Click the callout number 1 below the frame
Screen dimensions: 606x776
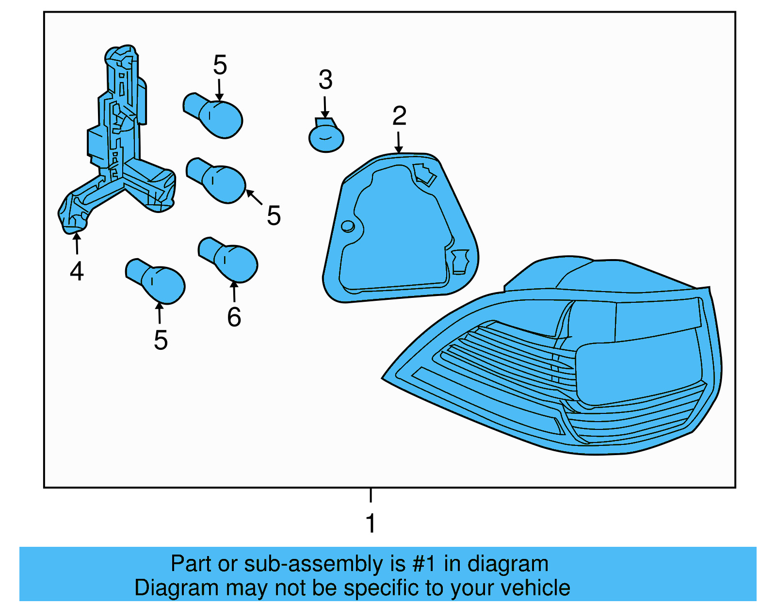[x=371, y=524]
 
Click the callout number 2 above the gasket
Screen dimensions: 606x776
[x=399, y=116]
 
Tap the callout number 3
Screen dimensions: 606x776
[x=325, y=80]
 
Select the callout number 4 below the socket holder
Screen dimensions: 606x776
[x=77, y=271]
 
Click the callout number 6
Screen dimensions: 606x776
[x=234, y=317]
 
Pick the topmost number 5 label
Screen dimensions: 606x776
[x=220, y=65]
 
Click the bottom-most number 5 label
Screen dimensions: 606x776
[x=161, y=340]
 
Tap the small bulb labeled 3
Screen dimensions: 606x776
[x=326, y=138]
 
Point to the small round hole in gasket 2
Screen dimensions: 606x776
[x=348, y=226]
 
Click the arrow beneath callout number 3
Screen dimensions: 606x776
[x=325, y=107]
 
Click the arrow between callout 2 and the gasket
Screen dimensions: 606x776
[x=398, y=143]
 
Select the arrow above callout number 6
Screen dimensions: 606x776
[x=234, y=291]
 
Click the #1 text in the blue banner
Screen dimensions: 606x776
[x=425, y=564]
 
